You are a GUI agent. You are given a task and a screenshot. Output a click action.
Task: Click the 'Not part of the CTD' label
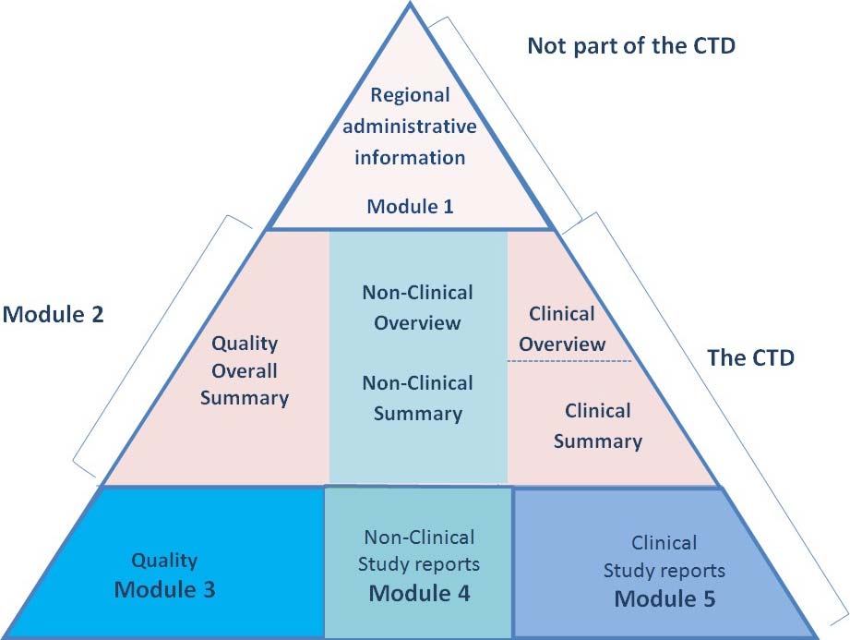(631, 46)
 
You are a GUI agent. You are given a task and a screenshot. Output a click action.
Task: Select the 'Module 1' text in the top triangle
(410, 206)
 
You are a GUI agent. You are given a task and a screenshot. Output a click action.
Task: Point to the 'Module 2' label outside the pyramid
(53, 314)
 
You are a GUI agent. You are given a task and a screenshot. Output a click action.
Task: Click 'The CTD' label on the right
(750, 358)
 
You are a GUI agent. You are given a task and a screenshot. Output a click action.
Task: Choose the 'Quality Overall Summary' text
(245, 371)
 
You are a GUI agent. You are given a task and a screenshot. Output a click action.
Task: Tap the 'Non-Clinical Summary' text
(417, 398)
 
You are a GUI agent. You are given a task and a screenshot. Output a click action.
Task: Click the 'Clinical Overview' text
(561, 329)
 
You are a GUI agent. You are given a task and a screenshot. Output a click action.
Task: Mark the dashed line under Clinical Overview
(569, 361)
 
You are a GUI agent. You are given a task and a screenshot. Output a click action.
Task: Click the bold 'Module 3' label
(164, 589)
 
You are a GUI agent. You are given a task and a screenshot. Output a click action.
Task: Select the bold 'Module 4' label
(419, 593)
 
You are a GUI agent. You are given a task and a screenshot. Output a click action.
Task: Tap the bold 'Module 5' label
(664, 598)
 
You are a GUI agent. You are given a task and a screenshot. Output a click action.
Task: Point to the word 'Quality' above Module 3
(164, 560)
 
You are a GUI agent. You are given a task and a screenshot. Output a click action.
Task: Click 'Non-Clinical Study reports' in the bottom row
(419, 550)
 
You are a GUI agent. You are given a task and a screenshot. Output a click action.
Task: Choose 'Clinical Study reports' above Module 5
(664, 557)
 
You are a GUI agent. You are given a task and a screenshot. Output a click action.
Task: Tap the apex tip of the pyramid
(411, 5)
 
